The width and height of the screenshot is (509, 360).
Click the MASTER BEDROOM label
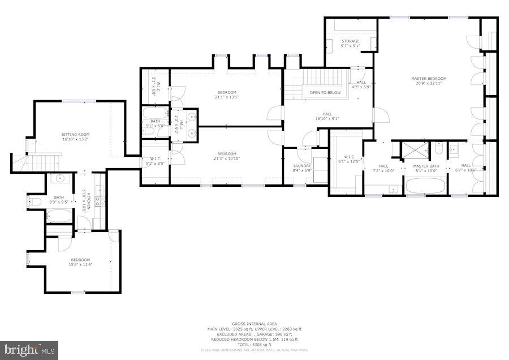tap(429, 79)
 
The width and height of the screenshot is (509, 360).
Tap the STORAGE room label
tap(350, 41)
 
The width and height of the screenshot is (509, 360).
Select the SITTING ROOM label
tap(76, 135)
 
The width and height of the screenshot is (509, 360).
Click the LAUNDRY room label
tap(302, 165)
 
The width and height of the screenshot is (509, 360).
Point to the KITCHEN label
tap(89, 201)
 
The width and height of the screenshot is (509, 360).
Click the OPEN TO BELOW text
tap(325, 92)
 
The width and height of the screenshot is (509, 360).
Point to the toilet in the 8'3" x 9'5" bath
tap(35, 202)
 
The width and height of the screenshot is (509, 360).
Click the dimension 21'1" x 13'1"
tap(227, 97)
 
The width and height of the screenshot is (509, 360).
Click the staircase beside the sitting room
tap(40, 162)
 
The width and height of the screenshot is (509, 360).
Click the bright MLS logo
tap(29, 349)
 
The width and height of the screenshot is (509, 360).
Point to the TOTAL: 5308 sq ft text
tap(254, 344)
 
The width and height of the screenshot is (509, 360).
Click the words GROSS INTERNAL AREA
tap(254, 324)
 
